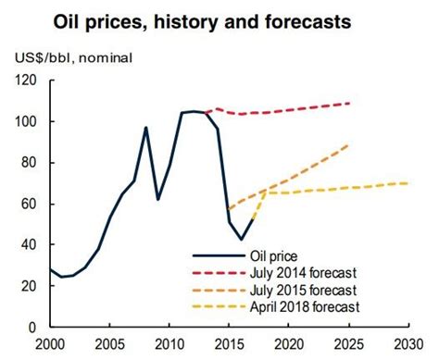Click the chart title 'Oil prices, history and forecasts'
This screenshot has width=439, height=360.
(219, 20)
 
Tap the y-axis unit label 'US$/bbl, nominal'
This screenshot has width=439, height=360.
(71, 57)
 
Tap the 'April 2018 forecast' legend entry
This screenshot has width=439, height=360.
(307, 306)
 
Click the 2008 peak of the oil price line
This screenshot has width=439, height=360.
(145, 128)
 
